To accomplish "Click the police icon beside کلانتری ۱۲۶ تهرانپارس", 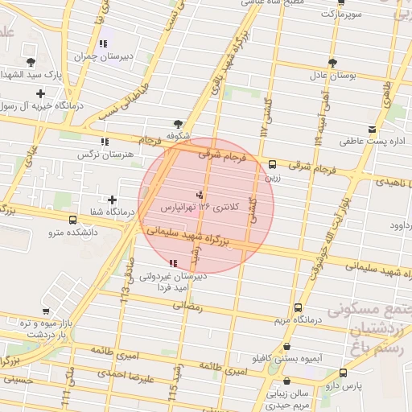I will tap(200, 194).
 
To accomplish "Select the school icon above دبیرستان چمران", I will tap(102, 44).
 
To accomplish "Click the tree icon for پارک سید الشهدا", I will tap(31, 62).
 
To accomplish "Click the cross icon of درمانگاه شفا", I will tap(112, 200).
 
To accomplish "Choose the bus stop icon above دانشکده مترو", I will tap(73, 220).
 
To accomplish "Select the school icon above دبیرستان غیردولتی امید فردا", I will tap(173, 263).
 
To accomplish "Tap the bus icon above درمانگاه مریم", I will tap(299, 307).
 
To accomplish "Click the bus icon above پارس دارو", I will tap(344, 373).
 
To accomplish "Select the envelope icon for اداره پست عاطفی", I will tap(371, 130).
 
